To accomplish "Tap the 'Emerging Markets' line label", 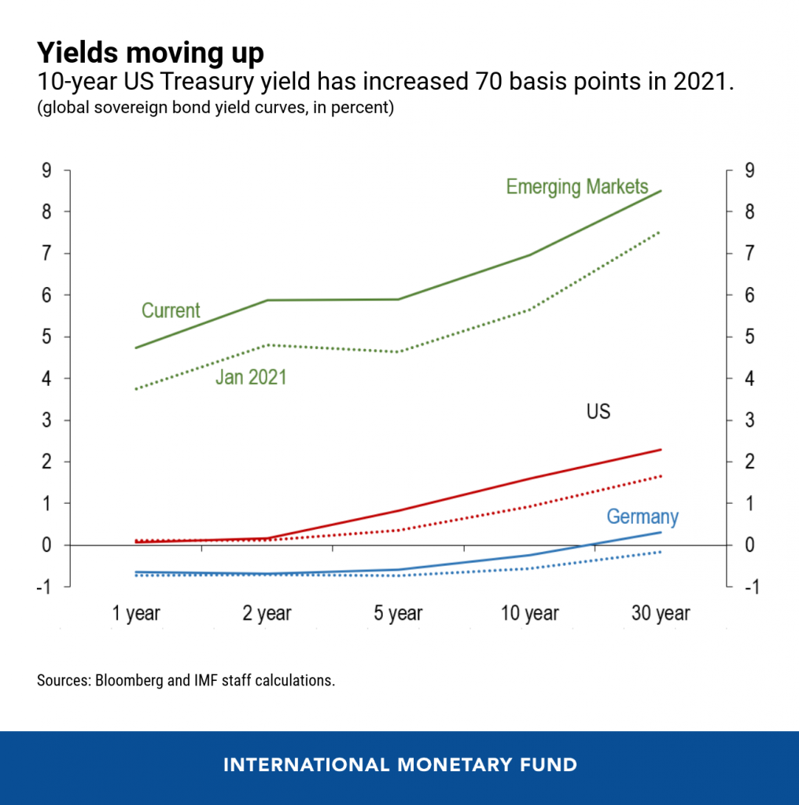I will click(x=577, y=186).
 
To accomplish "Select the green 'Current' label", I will click(x=171, y=311).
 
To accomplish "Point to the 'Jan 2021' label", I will click(x=251, y=377).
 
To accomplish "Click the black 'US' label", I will click(x=598, y=411).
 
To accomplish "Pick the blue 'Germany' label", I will click(x=642, y=516).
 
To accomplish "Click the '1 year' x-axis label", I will click(x=137, y=613).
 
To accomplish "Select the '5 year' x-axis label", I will click(x=399, y=613).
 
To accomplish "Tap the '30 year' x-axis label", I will click(x=661, y=613).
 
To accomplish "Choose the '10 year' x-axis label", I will click(x=529, y=613).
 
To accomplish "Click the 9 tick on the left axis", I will click(x=46, y=171).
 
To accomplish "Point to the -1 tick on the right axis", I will click(x=748, y=586).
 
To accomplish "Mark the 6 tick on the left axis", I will click(x=46, y=296).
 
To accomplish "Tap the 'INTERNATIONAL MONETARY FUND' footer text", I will click(x=399, y=764).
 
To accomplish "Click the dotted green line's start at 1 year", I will click(x=137, y=389).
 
